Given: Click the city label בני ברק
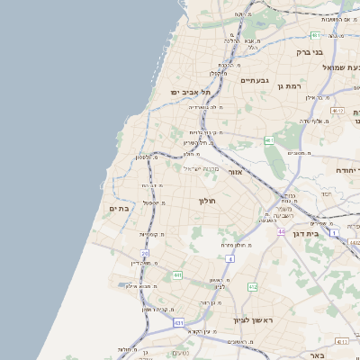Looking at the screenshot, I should (310, 52).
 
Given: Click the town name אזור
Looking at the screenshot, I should (236, 171).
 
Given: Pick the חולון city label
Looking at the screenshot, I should (209, 200).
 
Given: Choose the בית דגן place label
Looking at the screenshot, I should (307, 231).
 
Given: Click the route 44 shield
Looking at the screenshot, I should (281, 231).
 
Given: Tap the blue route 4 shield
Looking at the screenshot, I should (229, 259).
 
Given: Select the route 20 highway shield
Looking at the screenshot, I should (144, 254).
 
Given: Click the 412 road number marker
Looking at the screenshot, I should (252, 286).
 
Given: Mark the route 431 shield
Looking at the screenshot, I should (179, 322).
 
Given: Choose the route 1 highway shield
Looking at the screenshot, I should (332, 233).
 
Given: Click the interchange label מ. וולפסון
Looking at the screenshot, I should (148, 157).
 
